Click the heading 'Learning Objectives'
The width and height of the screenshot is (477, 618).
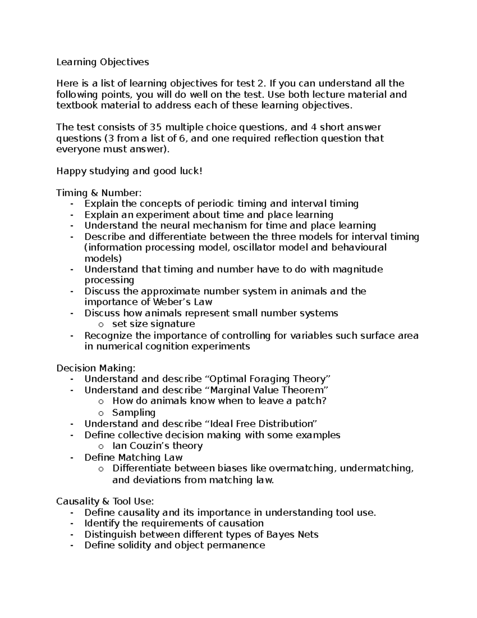[103, 62]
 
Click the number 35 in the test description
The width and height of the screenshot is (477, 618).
[155, 127]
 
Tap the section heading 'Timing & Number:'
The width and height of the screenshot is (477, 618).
[99, 193]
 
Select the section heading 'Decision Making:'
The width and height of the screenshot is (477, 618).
[96, 368]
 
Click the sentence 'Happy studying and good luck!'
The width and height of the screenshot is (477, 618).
[129, 171]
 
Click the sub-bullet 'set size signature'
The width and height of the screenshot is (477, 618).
[153, 324]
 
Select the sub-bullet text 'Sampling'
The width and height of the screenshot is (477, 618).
[134, 413]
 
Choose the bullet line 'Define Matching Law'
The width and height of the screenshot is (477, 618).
[134, 458]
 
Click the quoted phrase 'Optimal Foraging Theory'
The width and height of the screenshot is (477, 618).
[268, 379]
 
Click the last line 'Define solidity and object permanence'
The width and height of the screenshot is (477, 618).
[175, 545]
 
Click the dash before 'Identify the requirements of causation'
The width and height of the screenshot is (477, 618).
[72, 524]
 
